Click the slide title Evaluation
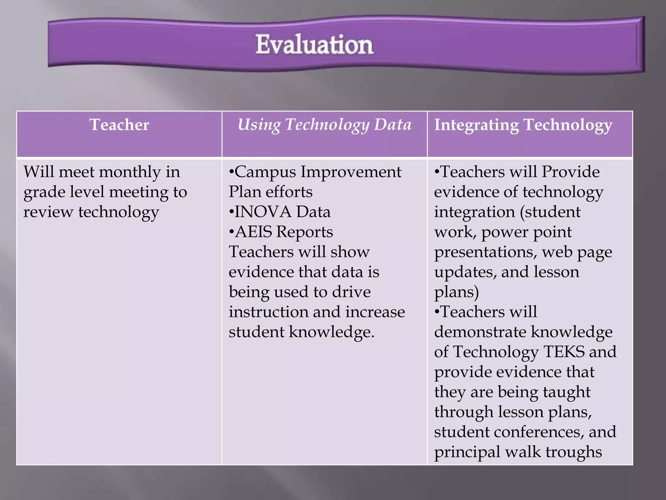point(314,45)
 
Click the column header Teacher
point(119,125)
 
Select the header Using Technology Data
point(324,125)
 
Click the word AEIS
point(253,232)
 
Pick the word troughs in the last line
point(573,452)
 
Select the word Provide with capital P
point(570,172)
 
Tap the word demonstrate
point(480,332)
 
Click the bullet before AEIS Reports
point(231,232)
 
